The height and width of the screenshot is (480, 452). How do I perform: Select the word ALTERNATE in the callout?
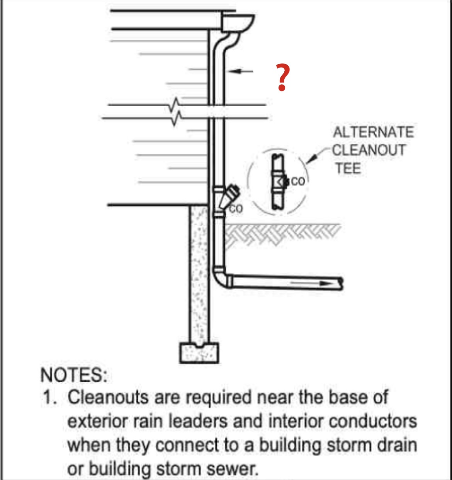coord(373,132)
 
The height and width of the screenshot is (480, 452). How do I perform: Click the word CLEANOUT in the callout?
coord(369,150)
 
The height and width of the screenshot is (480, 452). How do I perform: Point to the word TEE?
coord(348,168)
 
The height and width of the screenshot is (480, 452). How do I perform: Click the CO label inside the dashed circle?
coord(298,181)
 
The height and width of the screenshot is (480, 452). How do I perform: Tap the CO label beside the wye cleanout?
coord(236,209)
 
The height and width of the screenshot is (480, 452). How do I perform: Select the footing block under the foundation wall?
coord(199,352)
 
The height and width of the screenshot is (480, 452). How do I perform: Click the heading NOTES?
coord(74,375)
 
